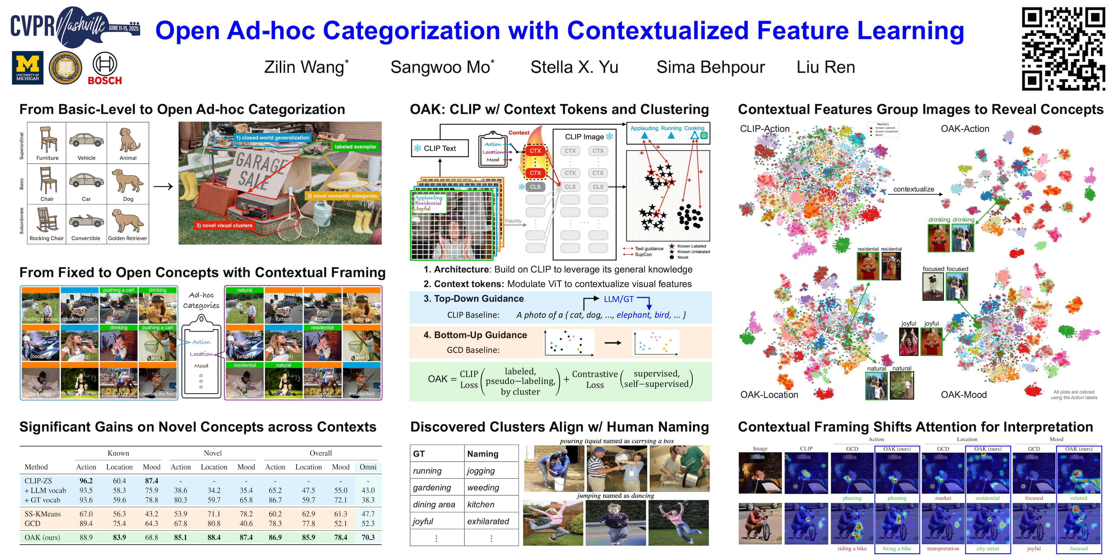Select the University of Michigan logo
click(27, 68)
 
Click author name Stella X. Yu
click(574, 67)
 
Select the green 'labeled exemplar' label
click(355, 147)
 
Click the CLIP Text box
click(440, 148)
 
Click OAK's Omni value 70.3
click(368, 537)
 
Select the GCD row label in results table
click(33, 523)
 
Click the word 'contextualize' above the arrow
click(913, 189)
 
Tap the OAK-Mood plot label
click(963, 395)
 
